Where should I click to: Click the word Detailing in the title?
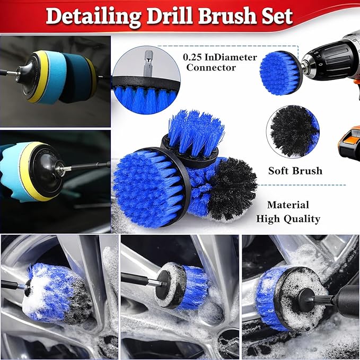tap(93, 17)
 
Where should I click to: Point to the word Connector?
tap(211, 67)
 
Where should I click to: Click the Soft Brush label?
tap(295, 171)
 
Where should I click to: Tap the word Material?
tap(288, 205)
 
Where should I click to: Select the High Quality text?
tap(288, 219)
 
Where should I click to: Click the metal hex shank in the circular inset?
tap(147, 63)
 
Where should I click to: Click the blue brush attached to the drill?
tap(280, 74)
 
